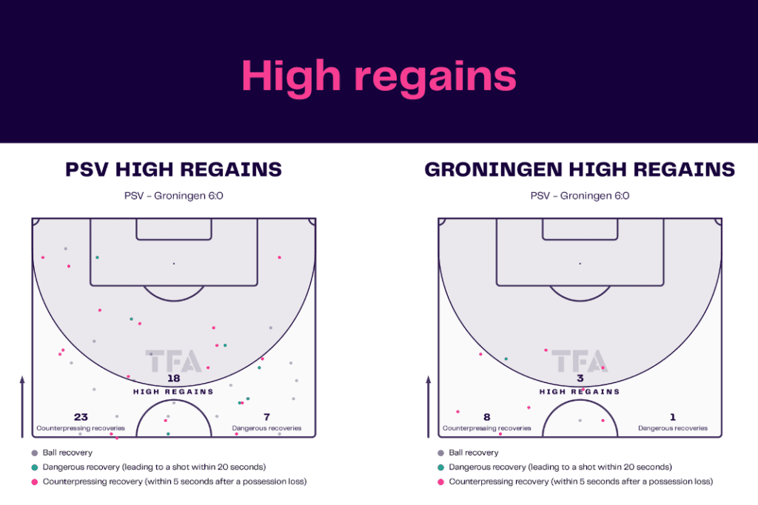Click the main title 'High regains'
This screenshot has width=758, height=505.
[379, 77]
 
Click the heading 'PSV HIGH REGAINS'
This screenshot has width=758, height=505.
[173, 169]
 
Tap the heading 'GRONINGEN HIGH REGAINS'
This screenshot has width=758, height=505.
[580, 169]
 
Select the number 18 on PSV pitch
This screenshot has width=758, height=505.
[173, 379]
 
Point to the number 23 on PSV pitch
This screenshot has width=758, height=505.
[81, 417]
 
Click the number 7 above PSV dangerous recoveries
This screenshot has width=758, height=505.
[266, 417]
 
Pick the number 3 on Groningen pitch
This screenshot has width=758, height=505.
[580, 379]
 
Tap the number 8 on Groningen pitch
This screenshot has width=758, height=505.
[487, 417]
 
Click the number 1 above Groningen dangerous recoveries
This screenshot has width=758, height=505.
[672, 417]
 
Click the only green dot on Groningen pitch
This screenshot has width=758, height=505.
[506, 359]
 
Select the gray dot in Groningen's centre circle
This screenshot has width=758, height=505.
[580, 421]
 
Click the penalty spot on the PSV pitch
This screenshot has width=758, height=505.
[174, 264]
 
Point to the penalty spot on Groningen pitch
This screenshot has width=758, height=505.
[580, 264]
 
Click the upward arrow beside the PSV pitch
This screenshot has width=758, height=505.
[22, 407]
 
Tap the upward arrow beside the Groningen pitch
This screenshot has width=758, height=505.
[429, 407]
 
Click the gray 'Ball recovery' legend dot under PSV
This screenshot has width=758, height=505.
[34, 453]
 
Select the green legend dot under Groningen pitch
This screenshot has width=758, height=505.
[440, 467]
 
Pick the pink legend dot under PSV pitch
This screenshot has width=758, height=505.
[34, 482]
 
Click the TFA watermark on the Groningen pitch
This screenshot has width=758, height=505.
[580, 361]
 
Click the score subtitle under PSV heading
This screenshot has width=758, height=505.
[173, 196]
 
